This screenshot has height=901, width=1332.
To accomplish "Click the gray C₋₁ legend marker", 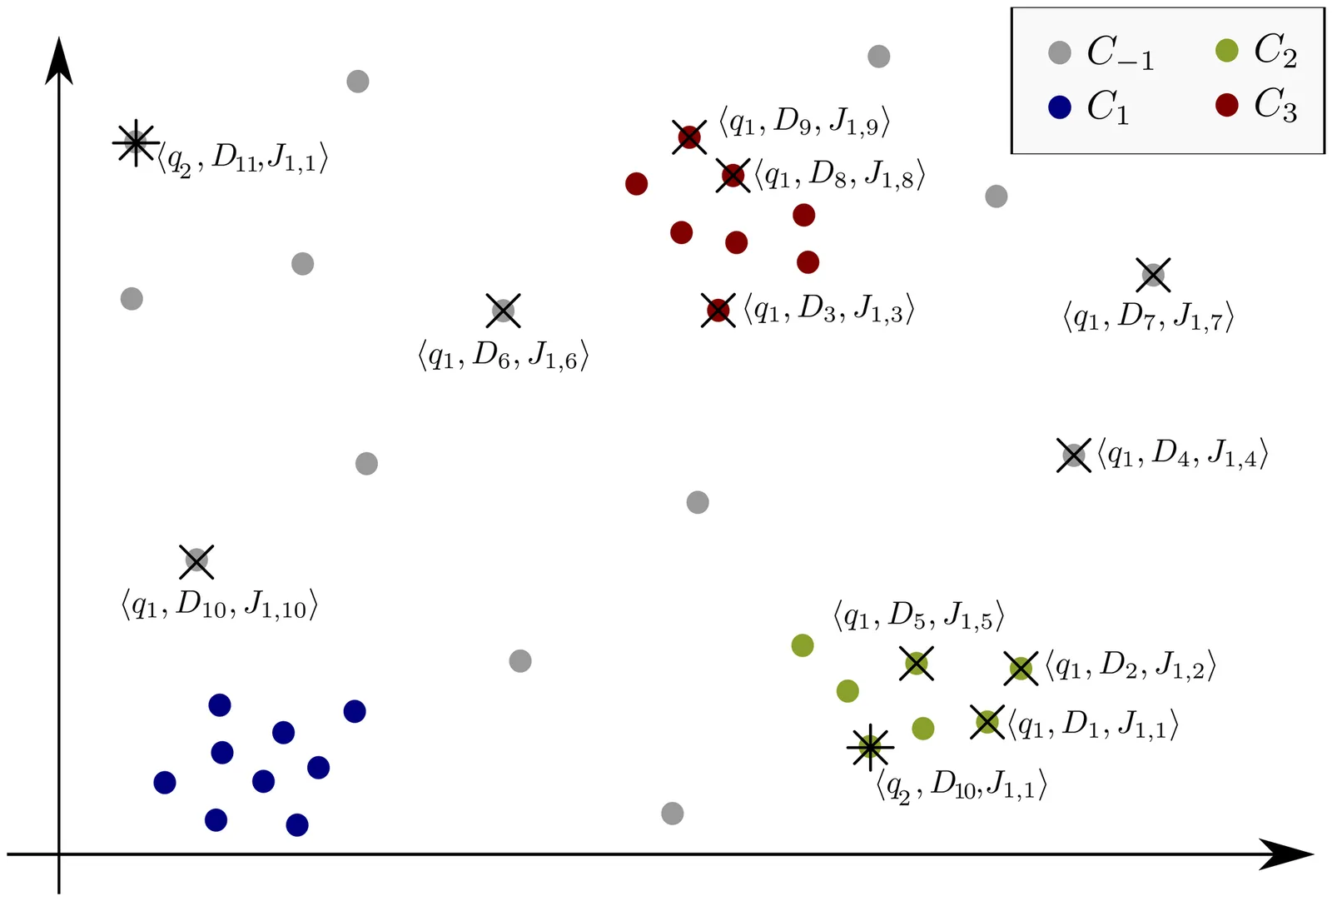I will pos(1059,52).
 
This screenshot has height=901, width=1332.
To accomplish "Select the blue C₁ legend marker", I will pos(1059,107).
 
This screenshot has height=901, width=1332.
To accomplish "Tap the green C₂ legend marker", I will pos(1226,51).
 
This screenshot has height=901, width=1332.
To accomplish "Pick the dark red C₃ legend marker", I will pos(1226,105).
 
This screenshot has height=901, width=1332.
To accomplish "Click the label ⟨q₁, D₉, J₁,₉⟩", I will pos(804,122).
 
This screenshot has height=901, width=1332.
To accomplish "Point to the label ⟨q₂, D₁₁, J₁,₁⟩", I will pos(243,157).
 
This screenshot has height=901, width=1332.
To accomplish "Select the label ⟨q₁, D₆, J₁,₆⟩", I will pos(503,356).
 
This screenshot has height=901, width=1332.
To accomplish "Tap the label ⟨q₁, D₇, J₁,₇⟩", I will pos(1148,317).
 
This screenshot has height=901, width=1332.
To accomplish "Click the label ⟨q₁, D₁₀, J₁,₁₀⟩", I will pos(220,605).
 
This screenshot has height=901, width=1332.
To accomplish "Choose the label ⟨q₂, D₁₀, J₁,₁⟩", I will pos(962,785).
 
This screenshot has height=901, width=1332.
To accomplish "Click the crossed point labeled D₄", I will pos(1074,455).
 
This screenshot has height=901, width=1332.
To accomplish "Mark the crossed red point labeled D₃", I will pos(718,311).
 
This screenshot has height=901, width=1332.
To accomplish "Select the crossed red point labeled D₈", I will pos(733,176).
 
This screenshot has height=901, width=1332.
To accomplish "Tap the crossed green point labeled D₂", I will pos(1021,668).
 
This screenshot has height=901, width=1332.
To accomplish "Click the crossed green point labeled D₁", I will pos(987,722).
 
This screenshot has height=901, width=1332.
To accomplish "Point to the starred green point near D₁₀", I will pos(870,747).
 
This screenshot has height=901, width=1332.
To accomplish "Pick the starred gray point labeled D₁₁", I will pos(135,143).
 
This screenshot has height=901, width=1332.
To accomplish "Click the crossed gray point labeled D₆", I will pos(503,311).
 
